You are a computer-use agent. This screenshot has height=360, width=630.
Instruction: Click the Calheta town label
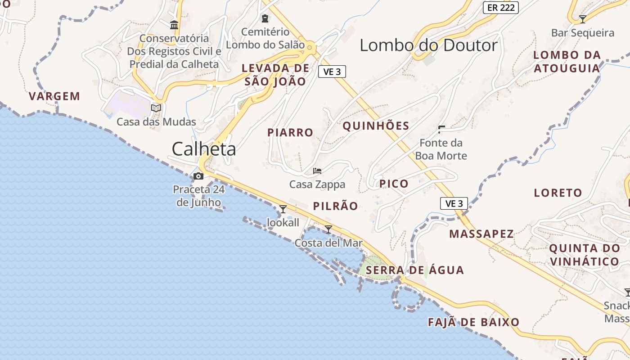pyautogui.click(x=204, y=149)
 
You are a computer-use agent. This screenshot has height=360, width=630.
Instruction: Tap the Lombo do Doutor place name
pyautogui.click(x=429, y=45)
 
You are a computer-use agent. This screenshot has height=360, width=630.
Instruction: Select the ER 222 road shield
pyautogui.click(x=501, y=8)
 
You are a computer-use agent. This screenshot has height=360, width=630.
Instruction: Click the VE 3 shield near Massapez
pyautogui.click(x=454, y=203)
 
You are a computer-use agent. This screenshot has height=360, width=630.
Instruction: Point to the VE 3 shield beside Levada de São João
pyautogui.click(x=332, y=72)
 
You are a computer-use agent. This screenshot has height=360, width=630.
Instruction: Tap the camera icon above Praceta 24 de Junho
pyautogui.click(x=198, y=176)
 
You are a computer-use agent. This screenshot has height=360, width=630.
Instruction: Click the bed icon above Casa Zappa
pyautogui.click(x=317, y=171)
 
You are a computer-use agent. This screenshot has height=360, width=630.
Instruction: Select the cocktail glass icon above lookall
pyautogui.click(x=283, y=209)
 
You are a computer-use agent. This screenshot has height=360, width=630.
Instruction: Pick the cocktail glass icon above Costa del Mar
pyautogui.click(x=328, y=229)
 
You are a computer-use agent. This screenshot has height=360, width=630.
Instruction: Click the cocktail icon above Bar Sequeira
pyautogui.click(x=583, y=19)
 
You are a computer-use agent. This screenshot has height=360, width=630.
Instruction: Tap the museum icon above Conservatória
pyautogui.click(x=174, y=25)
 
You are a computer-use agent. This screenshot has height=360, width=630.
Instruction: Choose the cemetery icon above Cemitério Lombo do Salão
pyautogui.click(x=265, y=18)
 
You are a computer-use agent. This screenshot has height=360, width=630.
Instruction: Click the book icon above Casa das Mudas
pyautogui.click(x=156, y=108)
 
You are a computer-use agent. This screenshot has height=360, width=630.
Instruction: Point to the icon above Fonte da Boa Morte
pyautogui.click(x=441, y=130)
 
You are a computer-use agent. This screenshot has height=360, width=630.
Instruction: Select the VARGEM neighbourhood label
pyautogui.click(x=54, y=96)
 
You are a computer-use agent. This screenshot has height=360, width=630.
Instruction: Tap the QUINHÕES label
pyautogui.click(x=376, y=126)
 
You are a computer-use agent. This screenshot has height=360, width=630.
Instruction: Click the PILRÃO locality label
pyautogui.click(x=336, y=206)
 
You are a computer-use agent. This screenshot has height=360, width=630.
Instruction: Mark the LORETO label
pyautogui.click(x=558, y=193)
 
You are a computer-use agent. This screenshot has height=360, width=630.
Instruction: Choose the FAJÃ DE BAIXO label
pyautogui.click(x=473, y=322)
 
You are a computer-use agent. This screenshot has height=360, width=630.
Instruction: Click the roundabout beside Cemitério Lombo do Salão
pyautogui.click(x=310, y=45)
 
